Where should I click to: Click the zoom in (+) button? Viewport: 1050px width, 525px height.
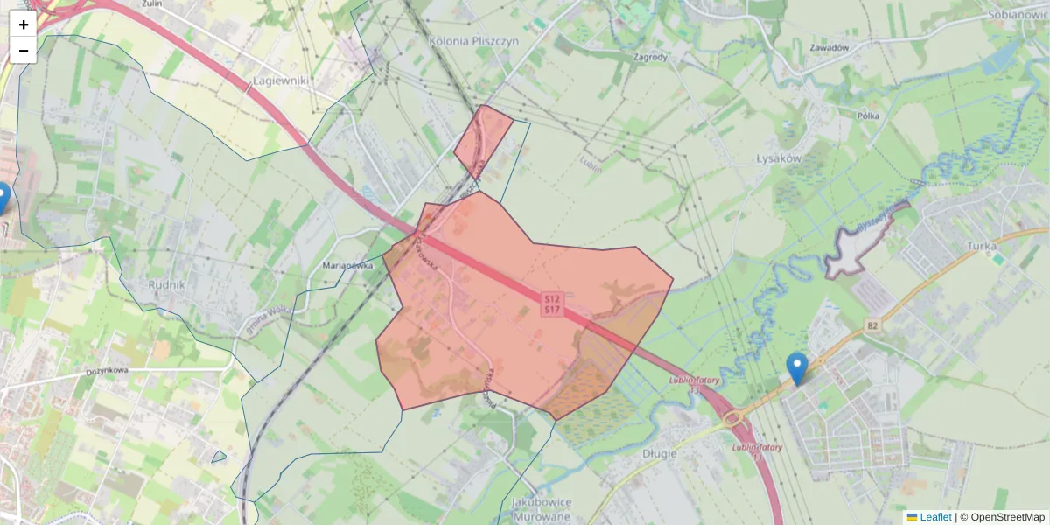tap(24, 24)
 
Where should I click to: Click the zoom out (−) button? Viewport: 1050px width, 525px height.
tap(24, 51)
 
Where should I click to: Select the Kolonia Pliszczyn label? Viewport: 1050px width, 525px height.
tap(474, 41)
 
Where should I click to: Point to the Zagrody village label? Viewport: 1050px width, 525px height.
tap(650, 58)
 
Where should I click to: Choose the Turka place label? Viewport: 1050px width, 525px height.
tap(983, 246)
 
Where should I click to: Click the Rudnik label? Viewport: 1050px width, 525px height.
tap(166, 285)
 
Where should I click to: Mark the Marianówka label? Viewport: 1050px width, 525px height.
tap(348, 264)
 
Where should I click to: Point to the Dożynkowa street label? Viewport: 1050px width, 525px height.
tap(108, 371)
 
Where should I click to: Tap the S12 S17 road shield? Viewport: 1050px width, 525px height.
tap(552, 304)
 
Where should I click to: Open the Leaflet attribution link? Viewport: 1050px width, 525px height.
tap(935, 517)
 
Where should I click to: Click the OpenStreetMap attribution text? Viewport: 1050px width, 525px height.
tap(1007, 517)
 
